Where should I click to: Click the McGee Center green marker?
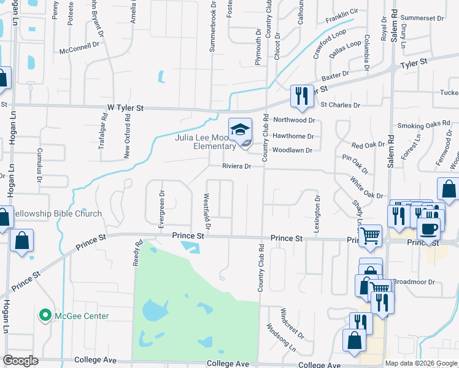(x=45, y=316)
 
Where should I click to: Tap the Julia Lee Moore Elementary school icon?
(x=240, y=130)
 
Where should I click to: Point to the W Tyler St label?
(x=125, y=107)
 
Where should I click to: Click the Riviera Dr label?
(x=237, y=166)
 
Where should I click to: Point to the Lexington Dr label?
(x=317, y=214)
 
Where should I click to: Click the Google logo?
(x=20, y=361)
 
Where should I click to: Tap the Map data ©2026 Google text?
(x=421, y=362)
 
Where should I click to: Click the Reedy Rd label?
(x=139, y=253)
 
